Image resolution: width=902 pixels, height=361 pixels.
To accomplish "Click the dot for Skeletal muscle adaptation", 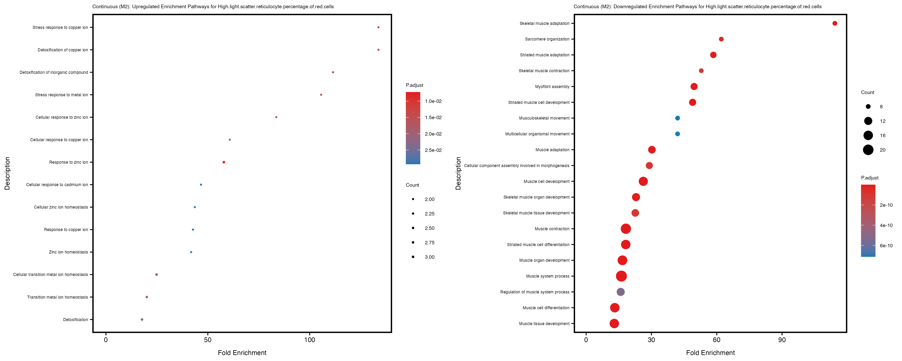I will tap(835, 23).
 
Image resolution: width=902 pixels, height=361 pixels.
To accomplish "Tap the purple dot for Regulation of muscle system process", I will tap(620, 292).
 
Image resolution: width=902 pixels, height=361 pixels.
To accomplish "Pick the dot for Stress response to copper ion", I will tap(378, 27).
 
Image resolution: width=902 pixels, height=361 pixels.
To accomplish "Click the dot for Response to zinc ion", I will tap(224, 162).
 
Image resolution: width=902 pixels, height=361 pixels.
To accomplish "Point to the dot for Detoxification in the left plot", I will tap(142, 320).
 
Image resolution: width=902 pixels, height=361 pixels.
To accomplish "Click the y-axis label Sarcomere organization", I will tap(547, 39).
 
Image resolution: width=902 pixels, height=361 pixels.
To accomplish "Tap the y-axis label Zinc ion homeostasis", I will tap(68, 252).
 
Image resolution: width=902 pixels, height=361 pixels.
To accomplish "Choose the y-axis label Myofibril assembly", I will tap(552, 87).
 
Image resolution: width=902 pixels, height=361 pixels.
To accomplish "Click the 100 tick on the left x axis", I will tap(309, 340).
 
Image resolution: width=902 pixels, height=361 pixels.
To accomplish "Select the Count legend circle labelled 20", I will tap(868, 150).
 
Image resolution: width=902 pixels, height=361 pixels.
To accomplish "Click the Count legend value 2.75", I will tap(429, 242).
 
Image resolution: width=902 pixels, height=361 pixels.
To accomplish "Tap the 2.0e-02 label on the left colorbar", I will tap(433, 134).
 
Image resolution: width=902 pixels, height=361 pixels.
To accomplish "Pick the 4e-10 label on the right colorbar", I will tap(886, 225).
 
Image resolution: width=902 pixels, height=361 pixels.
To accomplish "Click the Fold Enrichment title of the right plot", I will tap(710, 353).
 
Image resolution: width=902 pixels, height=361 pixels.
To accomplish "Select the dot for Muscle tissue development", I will tap(614, 323).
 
